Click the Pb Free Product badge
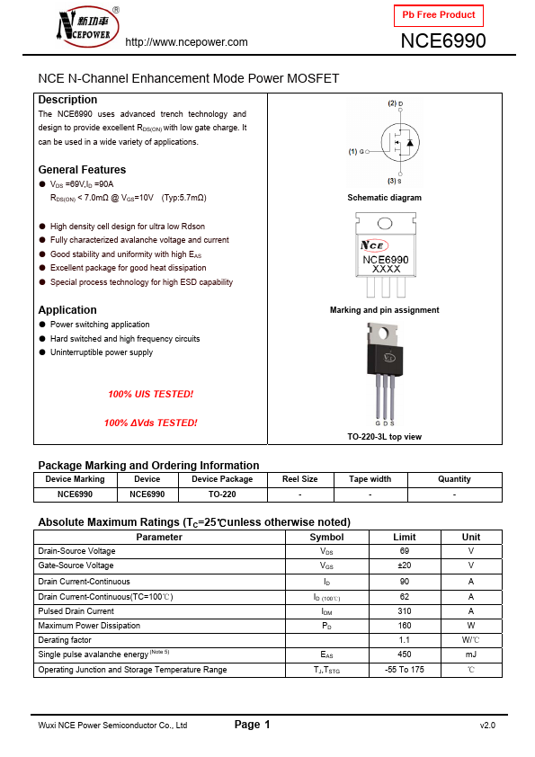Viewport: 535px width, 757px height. coord(439,15)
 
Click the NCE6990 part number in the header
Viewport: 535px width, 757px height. coord(442,40)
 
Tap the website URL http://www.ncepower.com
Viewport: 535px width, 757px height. coord(186,42)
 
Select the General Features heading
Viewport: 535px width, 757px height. coord(82,170)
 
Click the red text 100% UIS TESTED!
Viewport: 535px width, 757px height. coord(150,395)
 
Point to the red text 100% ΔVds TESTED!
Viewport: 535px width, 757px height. coord(150,423)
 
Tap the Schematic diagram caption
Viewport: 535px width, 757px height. coord(384,198)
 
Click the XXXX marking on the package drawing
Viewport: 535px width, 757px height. coord(386,269)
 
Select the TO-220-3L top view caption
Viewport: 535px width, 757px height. coord(384,437)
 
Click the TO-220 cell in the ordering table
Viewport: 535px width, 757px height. coord(222,494)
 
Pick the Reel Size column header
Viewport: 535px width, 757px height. coord(299,479)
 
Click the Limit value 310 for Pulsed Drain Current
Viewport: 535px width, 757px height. coord(404,611)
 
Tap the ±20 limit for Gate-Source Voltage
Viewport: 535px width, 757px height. coord(404,566)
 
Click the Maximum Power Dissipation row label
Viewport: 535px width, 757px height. coord(89,626)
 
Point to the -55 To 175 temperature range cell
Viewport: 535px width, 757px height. coord(404,670)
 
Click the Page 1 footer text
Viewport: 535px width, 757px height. coord(252,725)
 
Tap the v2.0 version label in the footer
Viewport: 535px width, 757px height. coord(486,726)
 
